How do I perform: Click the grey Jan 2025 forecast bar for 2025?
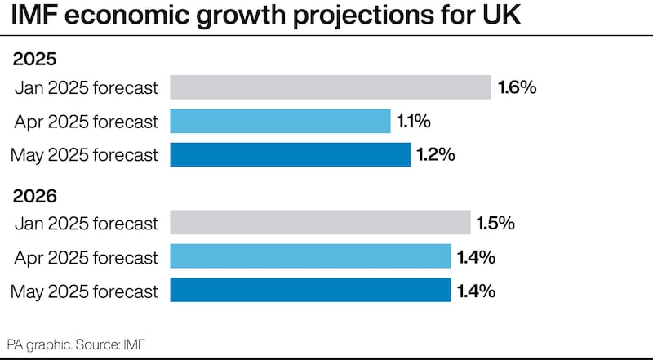(x=330, y=87)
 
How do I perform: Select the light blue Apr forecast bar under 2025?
(x=280, y=122)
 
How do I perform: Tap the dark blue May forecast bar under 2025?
(x=290, y=155)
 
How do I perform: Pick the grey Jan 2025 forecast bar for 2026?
(x=320, y=223)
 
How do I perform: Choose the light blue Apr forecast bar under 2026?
(x=310, y=257)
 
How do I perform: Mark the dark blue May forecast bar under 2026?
(x=310, y=291)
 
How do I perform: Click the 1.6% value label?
(x=517, y=87)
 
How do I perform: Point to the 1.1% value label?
(x=414, y=122)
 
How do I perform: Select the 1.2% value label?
(x=435, y=155)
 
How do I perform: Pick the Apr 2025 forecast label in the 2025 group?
(x=86, y=122)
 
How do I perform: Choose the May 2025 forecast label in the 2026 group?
(x=86, y=291)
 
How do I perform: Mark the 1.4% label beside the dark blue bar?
(x=476, y=291)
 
